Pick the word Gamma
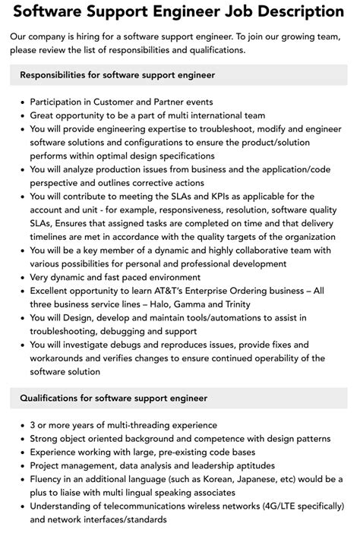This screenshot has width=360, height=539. tap(195, 304)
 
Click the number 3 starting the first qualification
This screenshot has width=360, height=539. tap(33, 425)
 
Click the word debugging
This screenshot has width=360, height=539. tap(125, 331)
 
